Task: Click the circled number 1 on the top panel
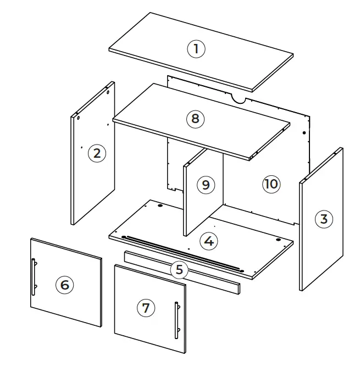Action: coord(196,49)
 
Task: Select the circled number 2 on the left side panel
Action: coord(97,153)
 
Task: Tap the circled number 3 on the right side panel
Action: coord(324,219)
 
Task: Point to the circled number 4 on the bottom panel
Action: coord(208,241)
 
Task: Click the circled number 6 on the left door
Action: coord(64,284)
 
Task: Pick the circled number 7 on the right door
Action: coord(145,308)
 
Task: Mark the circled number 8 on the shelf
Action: coord(195,118)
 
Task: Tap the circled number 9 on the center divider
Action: coord(205,184)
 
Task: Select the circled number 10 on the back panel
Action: coord(271,184)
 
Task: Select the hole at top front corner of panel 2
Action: coord(79,118)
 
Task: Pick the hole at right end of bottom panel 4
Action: coord(279,240)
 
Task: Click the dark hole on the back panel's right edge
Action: coord(304,132)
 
